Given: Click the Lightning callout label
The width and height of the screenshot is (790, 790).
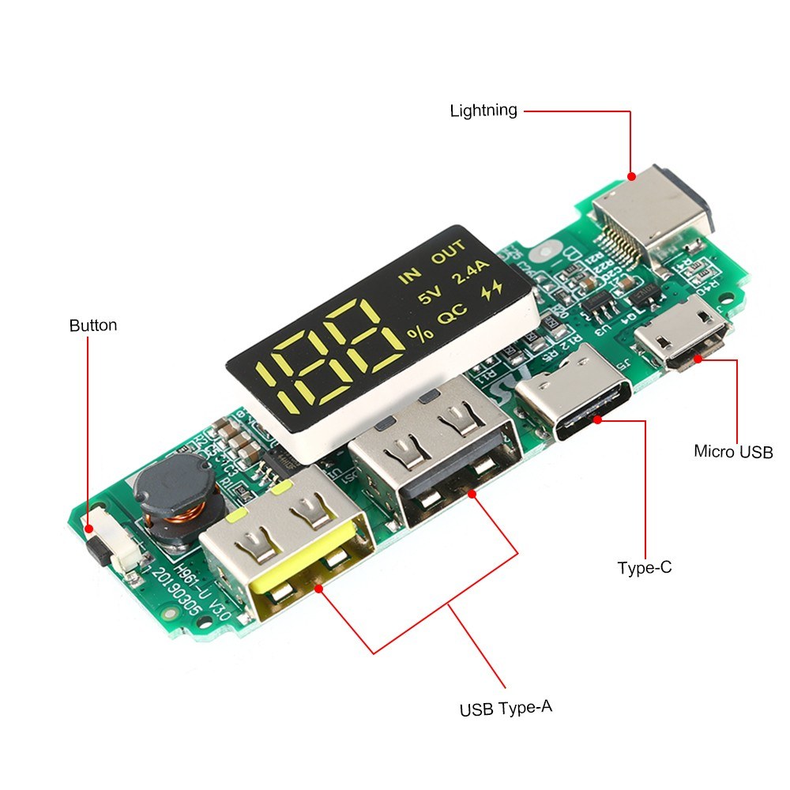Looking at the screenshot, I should (483, 111).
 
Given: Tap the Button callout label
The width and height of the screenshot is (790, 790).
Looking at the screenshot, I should (92, 325).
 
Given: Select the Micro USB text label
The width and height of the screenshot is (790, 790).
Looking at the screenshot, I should (732, 452).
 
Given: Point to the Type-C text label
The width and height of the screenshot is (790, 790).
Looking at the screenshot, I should (645, 567).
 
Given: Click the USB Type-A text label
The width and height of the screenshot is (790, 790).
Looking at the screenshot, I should (506, 708).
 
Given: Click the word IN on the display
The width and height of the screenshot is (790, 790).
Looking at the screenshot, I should (410, 276).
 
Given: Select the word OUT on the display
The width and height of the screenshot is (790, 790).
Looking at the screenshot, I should (450, 257).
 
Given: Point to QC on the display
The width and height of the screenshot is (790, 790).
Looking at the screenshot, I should (452, 316).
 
